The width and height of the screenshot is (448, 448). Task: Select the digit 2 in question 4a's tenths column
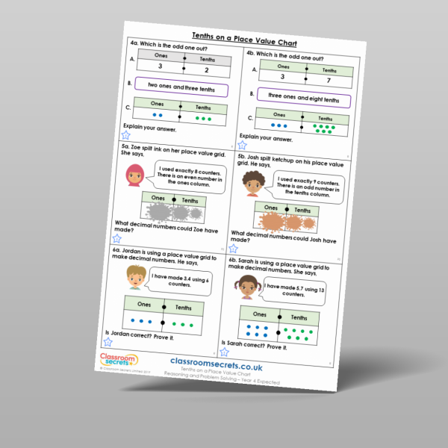coord(206,72)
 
